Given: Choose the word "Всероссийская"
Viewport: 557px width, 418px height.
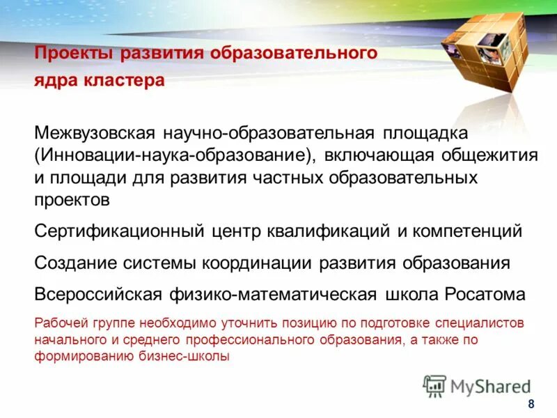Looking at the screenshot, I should coord(100,294).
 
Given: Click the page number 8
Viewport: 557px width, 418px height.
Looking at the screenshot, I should coord(531,405).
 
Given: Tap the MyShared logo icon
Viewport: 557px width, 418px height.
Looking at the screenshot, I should coord(434,385).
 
